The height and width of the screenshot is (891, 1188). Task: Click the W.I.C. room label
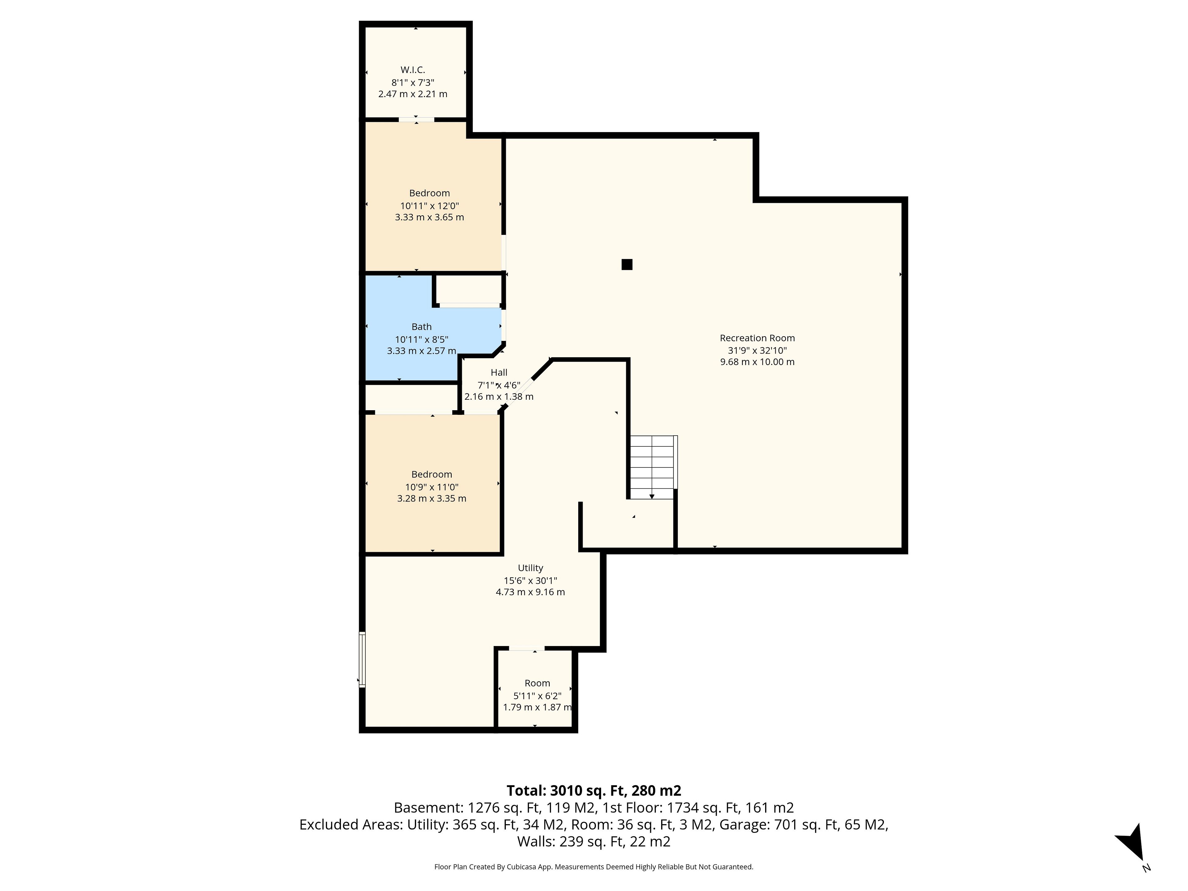click(x=412, y=70)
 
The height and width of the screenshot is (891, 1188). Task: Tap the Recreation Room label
click(x=757, y=338)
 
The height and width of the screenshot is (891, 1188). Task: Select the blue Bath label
click(x=422, y=326)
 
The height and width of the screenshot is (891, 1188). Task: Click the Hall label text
click(x=499, y=372)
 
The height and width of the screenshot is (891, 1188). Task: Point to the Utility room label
click(x=531, y=568)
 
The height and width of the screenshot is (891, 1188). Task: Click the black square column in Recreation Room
click(x=627, y=264)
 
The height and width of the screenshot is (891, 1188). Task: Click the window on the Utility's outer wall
click(x=362, y=660)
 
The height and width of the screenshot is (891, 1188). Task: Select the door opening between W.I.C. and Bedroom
click(x=416, y=119)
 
